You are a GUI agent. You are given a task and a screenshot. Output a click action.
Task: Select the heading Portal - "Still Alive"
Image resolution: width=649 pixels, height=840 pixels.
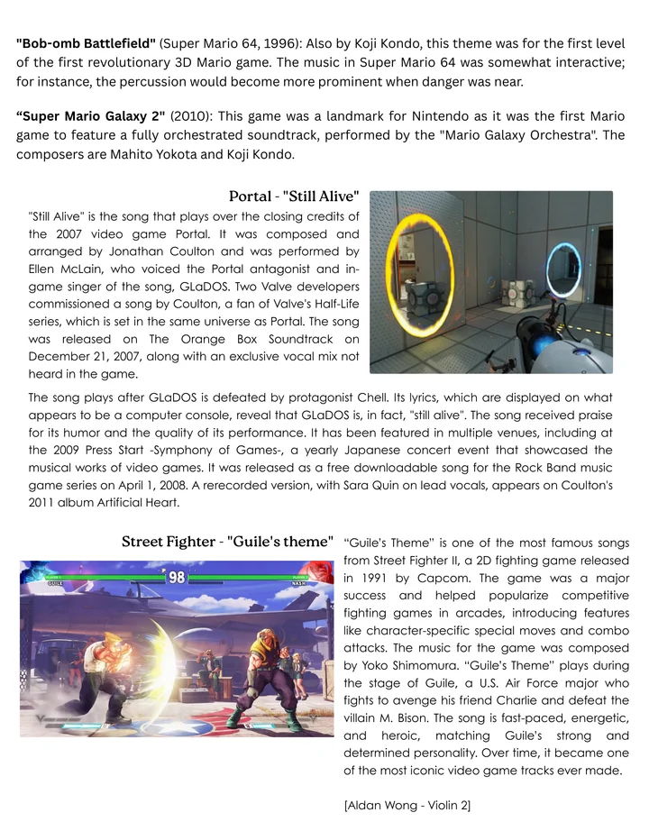pyautogui.click(x=294, y=196)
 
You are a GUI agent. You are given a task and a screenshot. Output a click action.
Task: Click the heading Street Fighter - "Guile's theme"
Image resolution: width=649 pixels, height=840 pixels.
pyautogui.click(x=227, y=542)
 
